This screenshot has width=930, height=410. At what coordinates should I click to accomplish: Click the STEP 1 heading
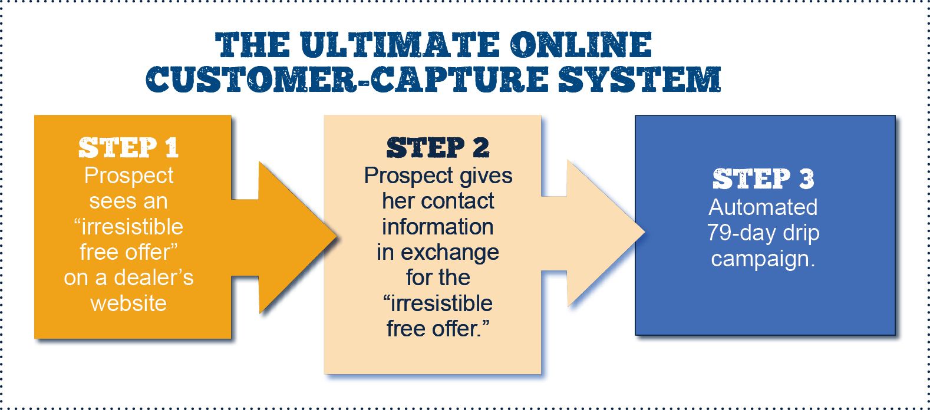point(128,148)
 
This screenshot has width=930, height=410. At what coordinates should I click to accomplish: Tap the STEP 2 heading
point(438,148)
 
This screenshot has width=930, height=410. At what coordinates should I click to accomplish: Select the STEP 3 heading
point(763,179)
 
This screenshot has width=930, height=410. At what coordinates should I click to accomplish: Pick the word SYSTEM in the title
point(639,80)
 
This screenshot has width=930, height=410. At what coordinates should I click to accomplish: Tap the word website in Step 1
point(128,303)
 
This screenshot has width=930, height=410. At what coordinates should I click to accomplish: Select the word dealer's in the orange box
point(153,277)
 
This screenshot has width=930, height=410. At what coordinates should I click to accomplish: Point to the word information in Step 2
point(438,227)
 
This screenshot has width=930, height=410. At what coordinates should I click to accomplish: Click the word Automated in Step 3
point(763,207)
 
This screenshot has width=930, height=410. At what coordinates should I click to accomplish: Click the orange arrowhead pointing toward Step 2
point(295,237)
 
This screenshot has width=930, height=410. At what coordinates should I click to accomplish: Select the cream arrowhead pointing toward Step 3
point(601,233)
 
